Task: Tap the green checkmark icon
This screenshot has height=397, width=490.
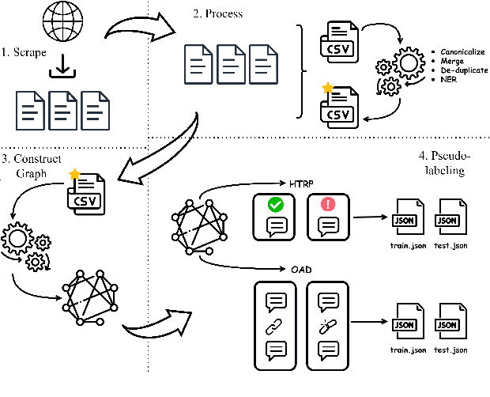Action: [276, 205]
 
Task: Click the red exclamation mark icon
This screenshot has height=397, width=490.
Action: [329, 205]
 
